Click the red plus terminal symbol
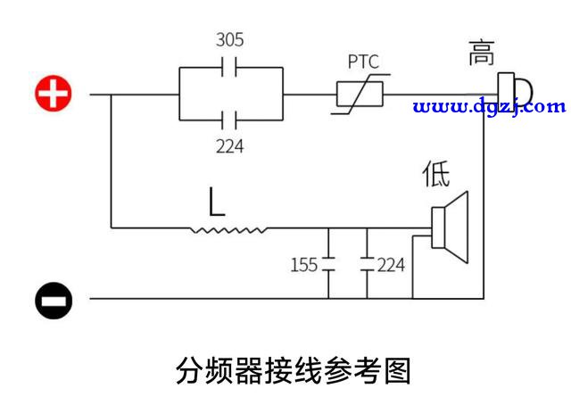coord(54,94)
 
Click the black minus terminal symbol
coord(54,301)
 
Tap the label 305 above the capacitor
coord(230,40)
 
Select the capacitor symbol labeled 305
coord(229,67)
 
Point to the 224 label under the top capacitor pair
coord(230,146)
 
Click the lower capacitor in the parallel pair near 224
coord(229,120)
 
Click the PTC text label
coord(363,62)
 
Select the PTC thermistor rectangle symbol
coord(360,95)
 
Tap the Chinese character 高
coord(482,53)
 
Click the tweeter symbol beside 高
coord(515,91)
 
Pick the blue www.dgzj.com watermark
coord(490,107)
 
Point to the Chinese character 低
coord(436,173)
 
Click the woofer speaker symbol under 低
coord(450,227)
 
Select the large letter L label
coord(216,202)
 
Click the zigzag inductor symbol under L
coord(228,230)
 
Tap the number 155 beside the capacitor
coord(304,265)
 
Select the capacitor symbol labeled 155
coord(328,264)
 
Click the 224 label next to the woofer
coord(391,265)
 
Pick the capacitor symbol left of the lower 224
coord(367,264)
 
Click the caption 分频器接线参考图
coord(294,370)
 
